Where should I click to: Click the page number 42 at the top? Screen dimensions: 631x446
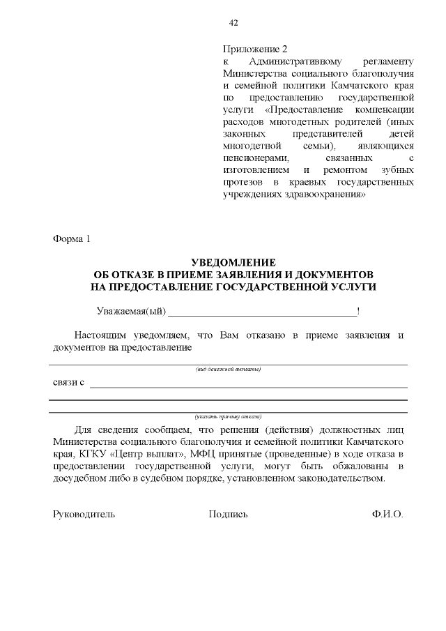[x=233, y=23]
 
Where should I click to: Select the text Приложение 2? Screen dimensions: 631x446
[x=254, y=50]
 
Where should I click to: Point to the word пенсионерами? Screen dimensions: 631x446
[x=254, y=158]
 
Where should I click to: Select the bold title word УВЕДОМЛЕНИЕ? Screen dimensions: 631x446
[x=233, y=263]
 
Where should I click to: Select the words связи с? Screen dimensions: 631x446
[x=69, y=382]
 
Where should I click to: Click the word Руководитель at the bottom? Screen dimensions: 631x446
[x=84, y=515]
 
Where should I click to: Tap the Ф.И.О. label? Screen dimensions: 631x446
[x=387, y=515]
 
